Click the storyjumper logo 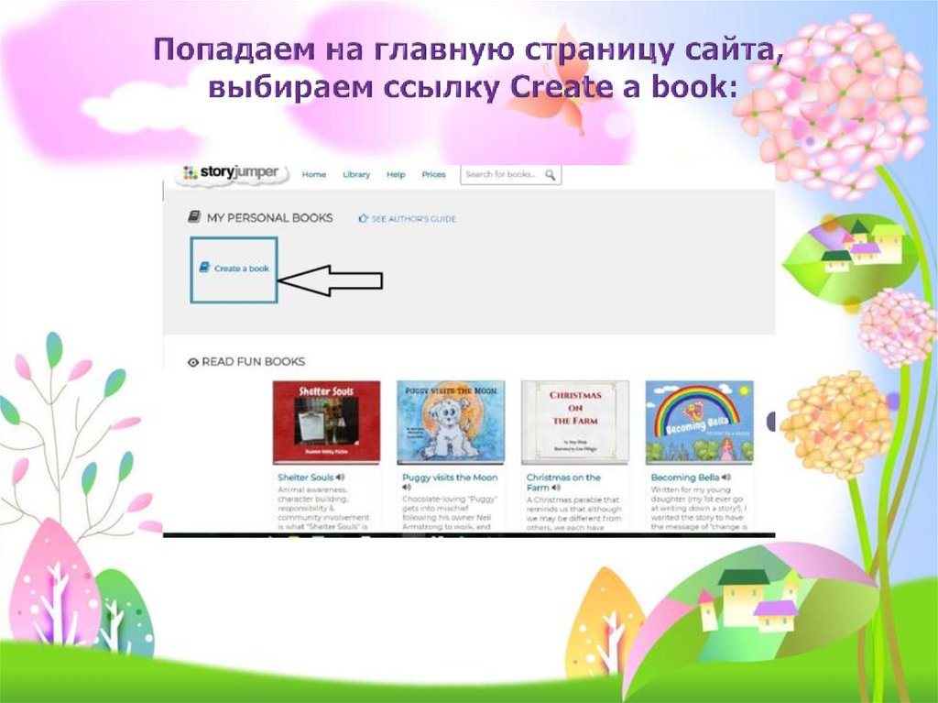coord(230,173)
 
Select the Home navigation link coord(314,174)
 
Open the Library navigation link coord(356,174)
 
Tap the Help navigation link coord(396,174)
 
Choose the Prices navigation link coord(433,174)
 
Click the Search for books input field coord(502,174)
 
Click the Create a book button coord(234,269)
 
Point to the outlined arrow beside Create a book coord(330,281)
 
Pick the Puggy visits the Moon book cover coord(450,422)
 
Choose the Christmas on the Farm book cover coord(574,422)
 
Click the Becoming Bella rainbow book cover coord(699,422)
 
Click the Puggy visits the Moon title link coord(450,478)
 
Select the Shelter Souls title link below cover coord(305,478)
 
